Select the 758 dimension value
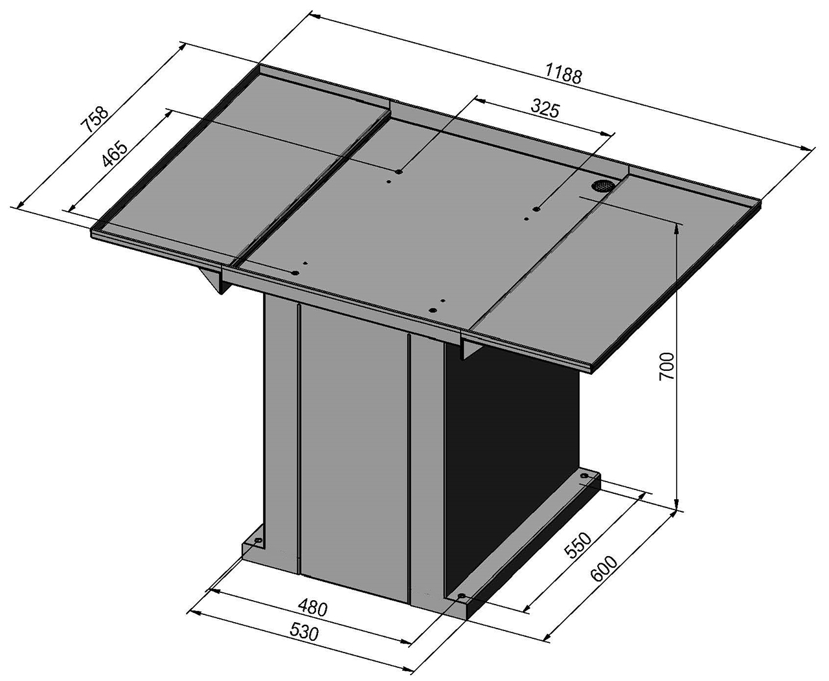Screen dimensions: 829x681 [95, 118]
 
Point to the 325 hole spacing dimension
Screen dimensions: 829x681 [545, 109]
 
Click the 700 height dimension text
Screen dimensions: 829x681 [667, 366]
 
